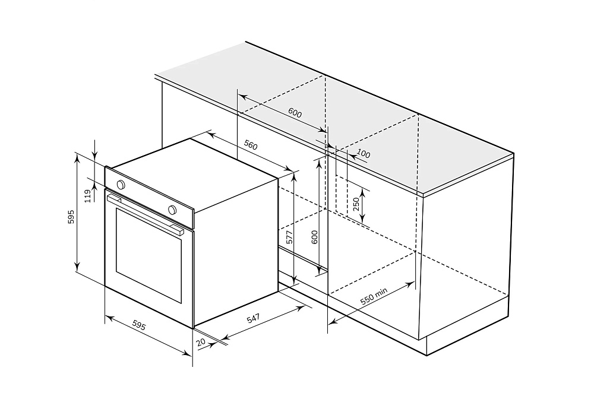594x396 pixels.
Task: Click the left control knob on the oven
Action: click(x=121, y=185)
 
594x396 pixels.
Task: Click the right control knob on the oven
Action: click(x=172, y=210)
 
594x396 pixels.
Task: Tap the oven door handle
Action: click(x=145, y=214)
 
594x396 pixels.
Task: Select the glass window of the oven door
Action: click(x=148, y=255)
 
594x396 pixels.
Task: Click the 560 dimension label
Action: click(x=251, y=145)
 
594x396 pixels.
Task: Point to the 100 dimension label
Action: click(x=364, y=154)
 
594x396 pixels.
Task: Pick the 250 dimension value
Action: click(x=356, y=204)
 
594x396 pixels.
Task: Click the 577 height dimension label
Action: click(x=289, y=237)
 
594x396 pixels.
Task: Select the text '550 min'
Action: click(x=374, y=296)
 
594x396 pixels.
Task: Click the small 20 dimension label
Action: click(x=201, y=342)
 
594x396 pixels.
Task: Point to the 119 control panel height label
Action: click(x=88, y=196)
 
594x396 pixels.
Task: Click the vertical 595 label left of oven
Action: click(x=71, y=217)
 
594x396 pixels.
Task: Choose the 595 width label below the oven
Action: click(x=139, y=325)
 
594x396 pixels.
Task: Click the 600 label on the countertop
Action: click(x=295, y=113)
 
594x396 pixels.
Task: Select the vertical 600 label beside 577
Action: click(x=314, y=237)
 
